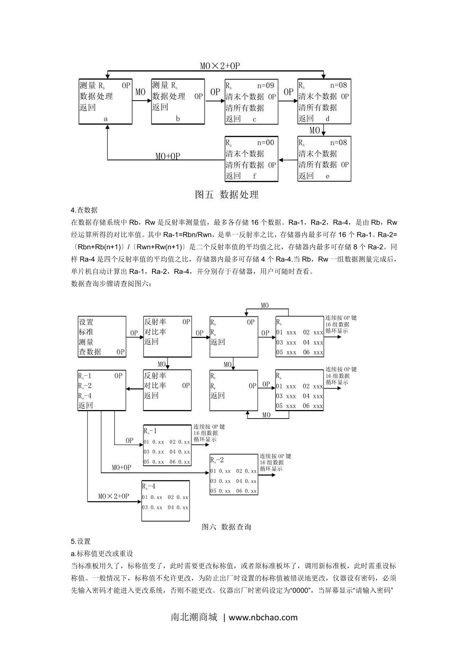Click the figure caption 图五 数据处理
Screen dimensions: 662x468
point(227,194)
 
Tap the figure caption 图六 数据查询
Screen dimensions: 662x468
point(226,527)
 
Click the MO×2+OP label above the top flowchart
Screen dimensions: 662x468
point(220,66)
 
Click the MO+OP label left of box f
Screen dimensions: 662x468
point(168,156)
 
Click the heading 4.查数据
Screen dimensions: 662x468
point(84,210)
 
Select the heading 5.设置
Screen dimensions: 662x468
point(81,541)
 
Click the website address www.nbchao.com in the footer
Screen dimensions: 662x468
point(263,618)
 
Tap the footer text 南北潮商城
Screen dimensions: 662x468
point(194,617)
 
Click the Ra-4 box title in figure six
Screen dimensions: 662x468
point(149,486)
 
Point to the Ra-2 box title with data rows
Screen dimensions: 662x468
point(217,460)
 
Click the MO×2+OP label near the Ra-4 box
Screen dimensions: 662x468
point(113,496)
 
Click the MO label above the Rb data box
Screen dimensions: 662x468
point(265,305)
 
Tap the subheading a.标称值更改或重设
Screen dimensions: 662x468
point(102,553)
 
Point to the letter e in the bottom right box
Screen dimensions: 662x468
point(327,176)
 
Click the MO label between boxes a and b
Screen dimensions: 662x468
point(140,92)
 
